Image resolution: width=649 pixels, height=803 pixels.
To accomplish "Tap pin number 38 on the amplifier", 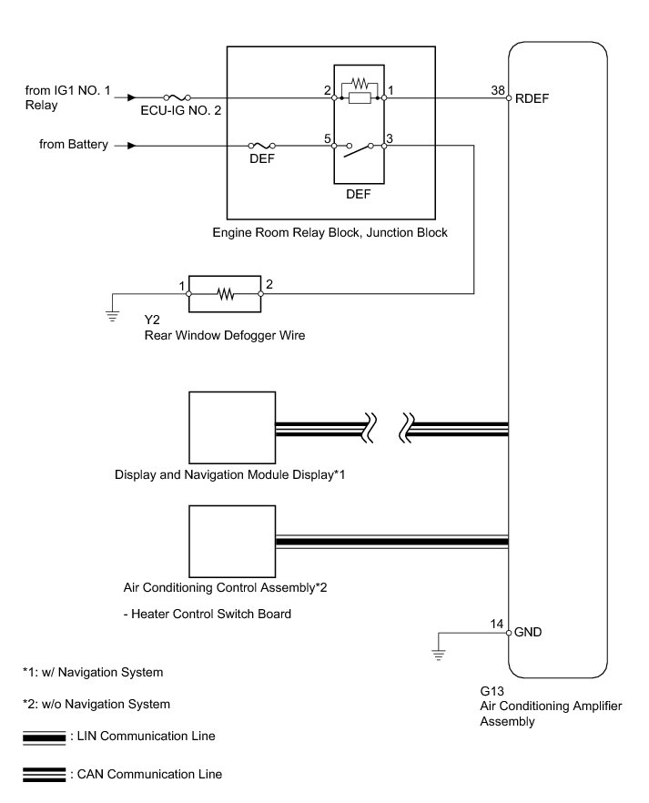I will pyautogui.click(x=497, y=89).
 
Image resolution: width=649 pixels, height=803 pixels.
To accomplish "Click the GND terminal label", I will pyautogui.click(x=530, y=631).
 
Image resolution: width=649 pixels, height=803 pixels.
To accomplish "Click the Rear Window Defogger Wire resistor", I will pyautogui.click(x=224, y=294).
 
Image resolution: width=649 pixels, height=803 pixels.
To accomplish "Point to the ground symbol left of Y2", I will pyautogui.click(x=112, y=316).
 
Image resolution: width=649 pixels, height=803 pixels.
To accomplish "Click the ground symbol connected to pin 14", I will pyautogui.click(x=438, y=653).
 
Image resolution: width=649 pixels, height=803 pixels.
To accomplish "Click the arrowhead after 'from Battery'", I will pyautogui.click(x=133, y=145).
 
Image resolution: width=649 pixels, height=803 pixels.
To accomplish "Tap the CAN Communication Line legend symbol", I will pyautogui.click(x=44, y=774).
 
